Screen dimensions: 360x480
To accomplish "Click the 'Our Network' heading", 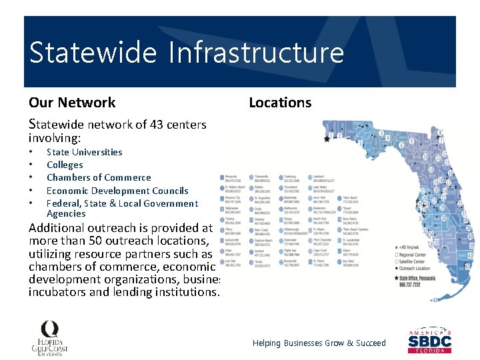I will (72, 103).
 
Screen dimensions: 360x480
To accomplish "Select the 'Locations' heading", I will (280, 103).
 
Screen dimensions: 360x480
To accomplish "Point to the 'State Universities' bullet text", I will (84, 152).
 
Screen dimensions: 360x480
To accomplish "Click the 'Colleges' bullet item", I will (65, 165).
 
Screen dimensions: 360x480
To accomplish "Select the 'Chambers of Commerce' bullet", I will (99, 177).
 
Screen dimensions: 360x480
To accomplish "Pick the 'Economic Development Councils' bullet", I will (117, 191).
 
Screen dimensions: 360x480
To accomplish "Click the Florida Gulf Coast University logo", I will (49, 337).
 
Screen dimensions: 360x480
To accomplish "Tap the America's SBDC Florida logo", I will (429, 341).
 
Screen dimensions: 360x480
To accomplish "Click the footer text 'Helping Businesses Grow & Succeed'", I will (319, 343).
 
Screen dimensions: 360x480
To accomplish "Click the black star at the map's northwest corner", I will (327, 139).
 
